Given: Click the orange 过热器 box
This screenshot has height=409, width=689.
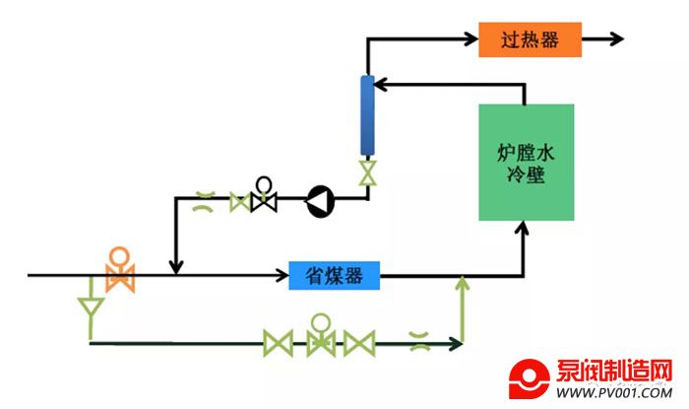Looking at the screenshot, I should click(x=530, y=39).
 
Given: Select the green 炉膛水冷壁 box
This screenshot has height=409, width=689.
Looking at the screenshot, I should click(x=526, y=163).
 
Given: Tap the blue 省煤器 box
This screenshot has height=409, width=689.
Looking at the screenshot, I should click(x=335, y=276).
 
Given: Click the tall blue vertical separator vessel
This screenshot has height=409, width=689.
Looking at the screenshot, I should click(x=368, y=115).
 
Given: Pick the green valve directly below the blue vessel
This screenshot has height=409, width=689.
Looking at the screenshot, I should click(x=368, y=173).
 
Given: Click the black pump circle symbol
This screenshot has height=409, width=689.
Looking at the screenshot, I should click(x=319, y=201).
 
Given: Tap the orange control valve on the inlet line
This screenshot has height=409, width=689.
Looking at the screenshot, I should click(x=120, y=272).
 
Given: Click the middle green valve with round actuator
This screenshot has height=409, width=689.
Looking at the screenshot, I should click(x=319, y=338).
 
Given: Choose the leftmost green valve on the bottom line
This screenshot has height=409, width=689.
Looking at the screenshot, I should click(x=278, y=343).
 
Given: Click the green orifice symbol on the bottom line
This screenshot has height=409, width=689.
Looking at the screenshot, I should click(x=418, y=342).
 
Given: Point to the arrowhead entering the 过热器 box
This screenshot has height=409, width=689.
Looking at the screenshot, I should click(x=470, y=39).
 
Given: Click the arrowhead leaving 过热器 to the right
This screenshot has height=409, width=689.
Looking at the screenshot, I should click(x=616, y=39).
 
